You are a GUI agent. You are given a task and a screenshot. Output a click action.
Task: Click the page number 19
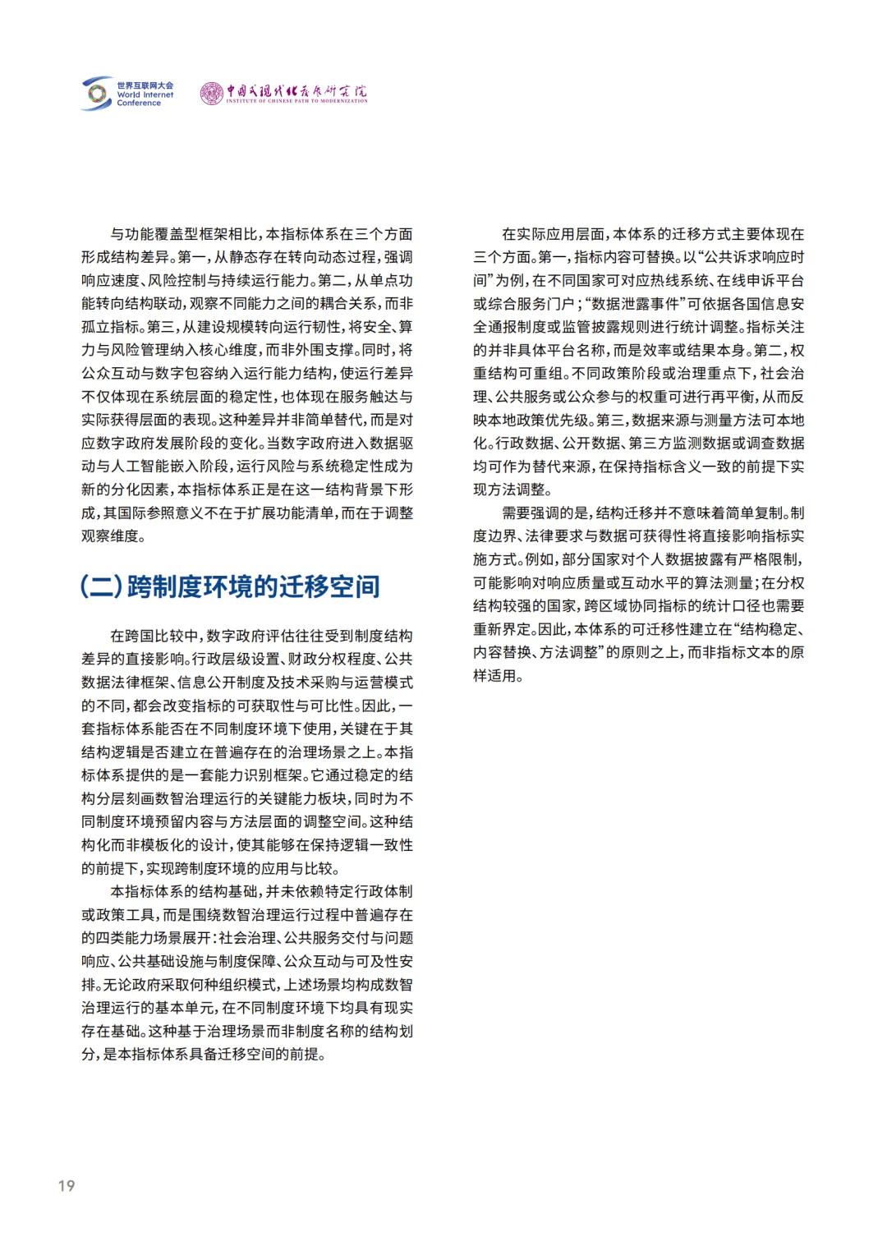point(66,1185)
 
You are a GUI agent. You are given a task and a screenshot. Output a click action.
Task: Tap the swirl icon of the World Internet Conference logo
point(97,94)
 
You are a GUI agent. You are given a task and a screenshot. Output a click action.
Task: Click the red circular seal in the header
point(211,94)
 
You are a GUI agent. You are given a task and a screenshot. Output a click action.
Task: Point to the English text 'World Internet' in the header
point(145,94)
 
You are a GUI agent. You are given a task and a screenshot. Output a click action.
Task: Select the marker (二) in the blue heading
point(102,586)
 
